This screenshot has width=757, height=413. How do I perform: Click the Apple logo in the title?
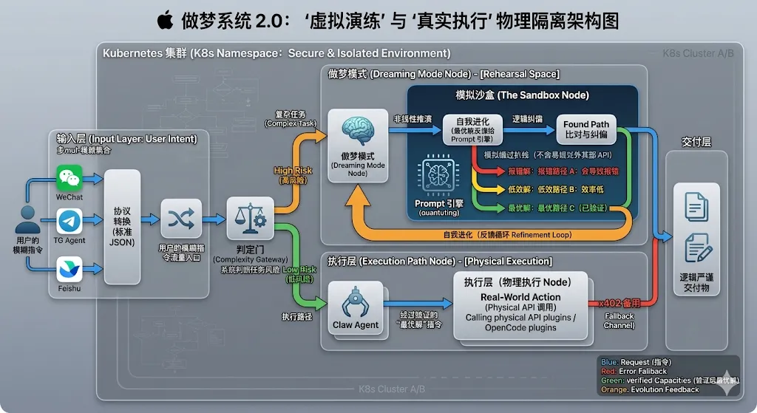pos(165,20)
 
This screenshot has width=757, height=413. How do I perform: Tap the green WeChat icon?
pos(69,178)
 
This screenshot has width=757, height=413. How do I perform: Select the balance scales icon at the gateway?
pos(245,217)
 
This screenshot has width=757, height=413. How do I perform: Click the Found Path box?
pos(586,129)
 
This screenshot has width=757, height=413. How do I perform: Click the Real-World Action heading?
pos(520,297)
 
